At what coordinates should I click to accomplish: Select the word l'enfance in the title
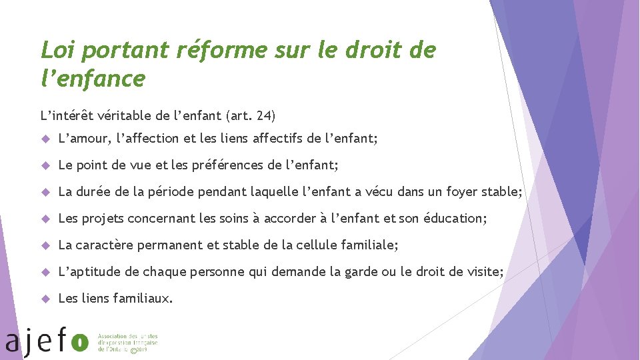click(x=93, y=79)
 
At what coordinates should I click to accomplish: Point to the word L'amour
click(x=85, y=139)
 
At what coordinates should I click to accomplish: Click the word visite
click(x=485, y=272)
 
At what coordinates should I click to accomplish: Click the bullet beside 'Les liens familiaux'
click(x=46, y=299)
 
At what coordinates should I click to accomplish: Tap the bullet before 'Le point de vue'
click(x=46, y=165)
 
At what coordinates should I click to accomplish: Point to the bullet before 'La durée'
click(x=46, y=192)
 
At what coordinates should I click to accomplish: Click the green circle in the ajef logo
click(x=80, y=342)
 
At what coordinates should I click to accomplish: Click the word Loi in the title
click(x=59, y=50)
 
